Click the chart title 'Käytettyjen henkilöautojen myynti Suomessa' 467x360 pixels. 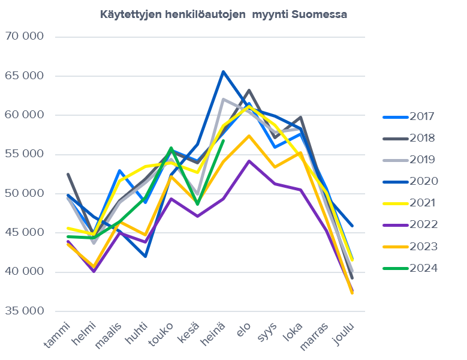(x=224, y=14)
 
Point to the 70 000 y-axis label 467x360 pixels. (x=25, y=37)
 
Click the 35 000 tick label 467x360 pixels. (x=25, y=311)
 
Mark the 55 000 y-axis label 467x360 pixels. (x=25, y=154)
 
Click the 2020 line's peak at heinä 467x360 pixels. (x=223, y=72)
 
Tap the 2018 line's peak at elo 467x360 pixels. (x=249, y=91)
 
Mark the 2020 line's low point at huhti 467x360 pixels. (x=145, y=256)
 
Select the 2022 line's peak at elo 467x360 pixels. (x=249, y=161)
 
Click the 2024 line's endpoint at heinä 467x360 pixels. (x=223, y=141)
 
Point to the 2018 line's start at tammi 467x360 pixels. (x=68, y=174)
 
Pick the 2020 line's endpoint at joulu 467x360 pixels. (x=352, y=226)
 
